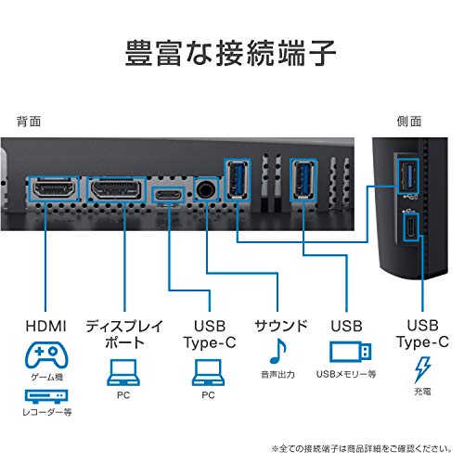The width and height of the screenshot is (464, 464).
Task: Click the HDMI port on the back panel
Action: [x=54, y=189]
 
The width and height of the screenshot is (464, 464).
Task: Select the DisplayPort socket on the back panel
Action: [x=116, y=189]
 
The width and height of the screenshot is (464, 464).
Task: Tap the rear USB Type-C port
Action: [x=169, y=195]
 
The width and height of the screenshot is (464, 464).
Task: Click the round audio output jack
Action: [x=206, y=189]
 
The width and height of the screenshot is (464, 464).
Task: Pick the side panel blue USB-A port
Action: [x=407, y=176]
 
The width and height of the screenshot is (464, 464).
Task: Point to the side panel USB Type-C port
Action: [x=411, y=226]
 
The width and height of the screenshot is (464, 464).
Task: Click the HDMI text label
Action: [x=46, y=326]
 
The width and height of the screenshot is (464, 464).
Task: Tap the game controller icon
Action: [x=46, y=354]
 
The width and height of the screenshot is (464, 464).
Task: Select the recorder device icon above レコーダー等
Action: [x=46, y=396]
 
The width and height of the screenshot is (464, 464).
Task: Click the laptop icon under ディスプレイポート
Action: [x=123, y=372]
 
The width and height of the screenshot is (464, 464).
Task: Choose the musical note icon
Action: [x=278, y=351]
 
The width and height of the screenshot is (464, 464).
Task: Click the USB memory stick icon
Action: [x=350, y=352]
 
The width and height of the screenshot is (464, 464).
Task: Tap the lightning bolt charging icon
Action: [x=422, y=369]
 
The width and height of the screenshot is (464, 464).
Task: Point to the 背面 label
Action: [x=29, y=122]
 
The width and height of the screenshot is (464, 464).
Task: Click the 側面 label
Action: [x=409, y=122]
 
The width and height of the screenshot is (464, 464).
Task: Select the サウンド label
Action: [x=281, y=326]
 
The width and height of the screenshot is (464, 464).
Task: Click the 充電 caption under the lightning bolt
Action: [x=422, y=392]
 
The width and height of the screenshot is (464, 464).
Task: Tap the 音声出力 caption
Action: [x=277, y=374]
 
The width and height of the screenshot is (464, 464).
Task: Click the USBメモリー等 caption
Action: [x=346, y=374]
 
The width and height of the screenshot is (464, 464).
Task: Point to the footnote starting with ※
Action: [x=361, y=448]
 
